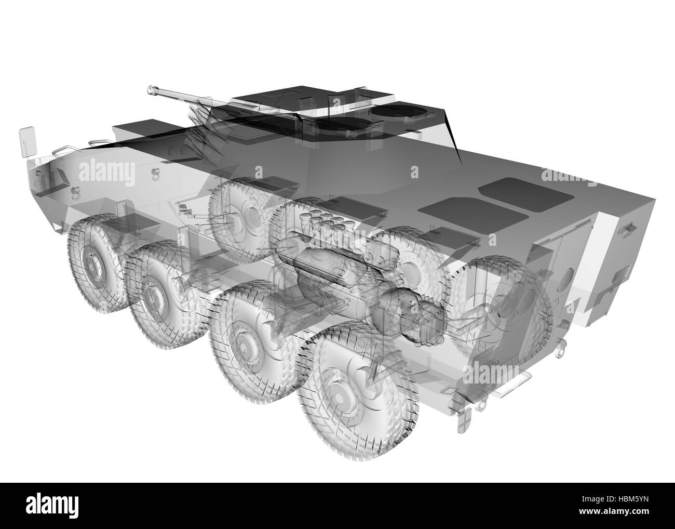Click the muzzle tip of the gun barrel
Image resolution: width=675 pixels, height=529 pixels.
[x=152, y=90]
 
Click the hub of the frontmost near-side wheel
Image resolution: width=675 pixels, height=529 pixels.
[x=93, y=266]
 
